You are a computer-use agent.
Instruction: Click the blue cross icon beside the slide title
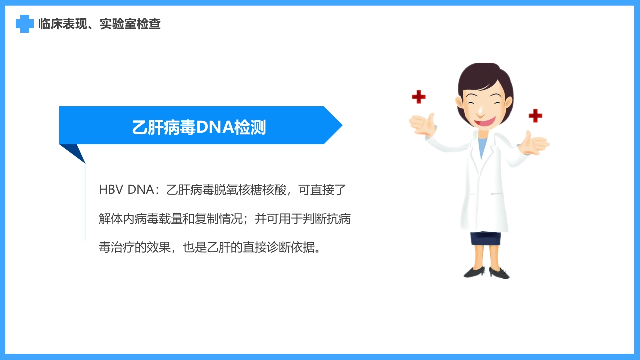[x=24, y=24]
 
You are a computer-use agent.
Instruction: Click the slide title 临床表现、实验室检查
[x=100, y=24]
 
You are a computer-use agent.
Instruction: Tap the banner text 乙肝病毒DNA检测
[x=199, y=127]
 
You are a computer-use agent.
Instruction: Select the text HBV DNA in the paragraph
[x=126, y=190]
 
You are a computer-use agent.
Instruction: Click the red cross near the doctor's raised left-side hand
[x=418, y=97]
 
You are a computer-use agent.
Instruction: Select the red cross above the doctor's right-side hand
[x=535, y=116]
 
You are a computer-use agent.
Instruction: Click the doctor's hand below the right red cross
[x=534, y=143]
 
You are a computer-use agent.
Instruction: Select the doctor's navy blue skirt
[x=485, y=238]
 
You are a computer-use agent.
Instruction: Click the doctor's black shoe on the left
[x=474, y=272]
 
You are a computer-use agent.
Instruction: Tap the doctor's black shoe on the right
[x=499, y=273]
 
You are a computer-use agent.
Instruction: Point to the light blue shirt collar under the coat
[x=481, y=147]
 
